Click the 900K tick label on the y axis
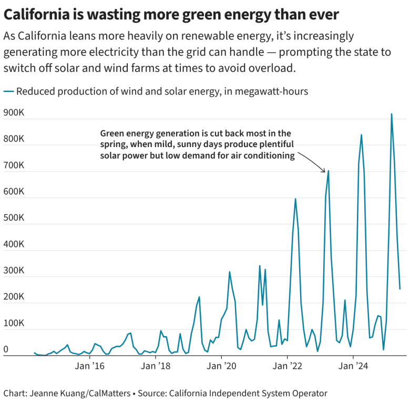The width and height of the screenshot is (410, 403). [x=14, y=112]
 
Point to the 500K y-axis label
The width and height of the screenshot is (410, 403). [x=14, y=218]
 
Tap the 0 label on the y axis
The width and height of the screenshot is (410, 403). [x=6, y=349]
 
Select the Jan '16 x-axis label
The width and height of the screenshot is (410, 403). [x=90, y=366]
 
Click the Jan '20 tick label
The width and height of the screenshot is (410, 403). [x=221, y=366]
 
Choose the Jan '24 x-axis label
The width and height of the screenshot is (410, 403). [x=353, y=366]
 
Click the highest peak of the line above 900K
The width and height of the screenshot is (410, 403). [x=392, y=114]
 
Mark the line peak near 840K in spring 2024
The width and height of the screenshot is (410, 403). [x=361, y=135]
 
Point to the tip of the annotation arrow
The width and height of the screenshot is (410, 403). [x=325, y=172]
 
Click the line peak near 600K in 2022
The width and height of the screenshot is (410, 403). [x=295, y=199]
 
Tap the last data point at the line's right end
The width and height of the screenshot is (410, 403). [x=400, y=289]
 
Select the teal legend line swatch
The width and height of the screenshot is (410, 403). [x=8, y=91]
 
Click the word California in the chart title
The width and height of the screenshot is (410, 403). [x=37, y=15]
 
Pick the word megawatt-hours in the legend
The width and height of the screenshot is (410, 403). [x=271, y=91]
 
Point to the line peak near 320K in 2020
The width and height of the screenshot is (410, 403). [x=230, y=272]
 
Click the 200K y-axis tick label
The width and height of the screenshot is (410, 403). [x=14, y=297]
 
